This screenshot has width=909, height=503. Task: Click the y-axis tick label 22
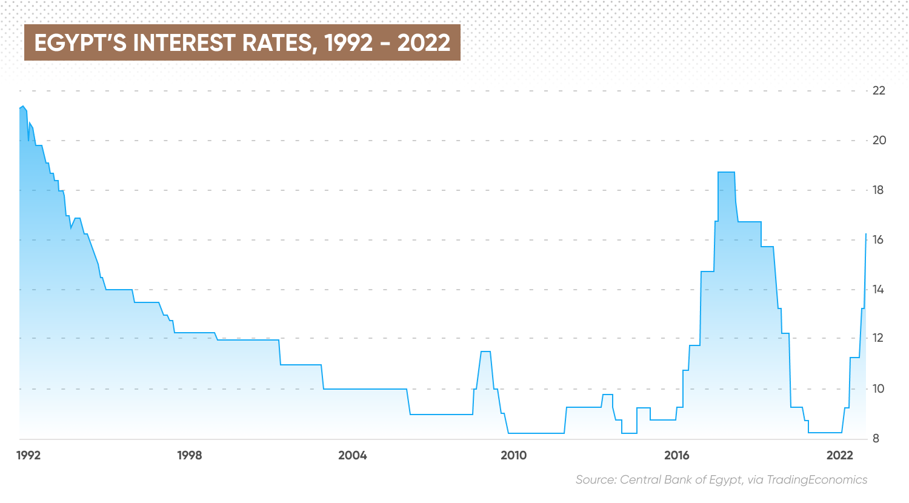(x=878, y=91)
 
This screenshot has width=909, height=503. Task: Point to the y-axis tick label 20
(x=878, y=141)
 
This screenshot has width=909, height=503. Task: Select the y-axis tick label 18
(x=878, y=190)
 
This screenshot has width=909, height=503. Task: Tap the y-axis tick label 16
(x=878, y=240)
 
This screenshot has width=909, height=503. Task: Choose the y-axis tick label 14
(x=878, y=290)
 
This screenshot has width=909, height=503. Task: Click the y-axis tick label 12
(x=878, y=338)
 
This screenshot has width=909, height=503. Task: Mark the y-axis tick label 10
(x=878, y=388)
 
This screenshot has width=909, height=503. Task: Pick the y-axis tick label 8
(x=876, y=439)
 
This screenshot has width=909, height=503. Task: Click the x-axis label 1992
(x=28, y=456)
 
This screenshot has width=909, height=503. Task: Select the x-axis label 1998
(x=190, y=456)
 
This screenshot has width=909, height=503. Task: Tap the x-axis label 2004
(x=353, y=456)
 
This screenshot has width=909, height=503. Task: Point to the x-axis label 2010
(x=514, y=456)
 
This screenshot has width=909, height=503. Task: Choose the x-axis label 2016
(x=676, y=456)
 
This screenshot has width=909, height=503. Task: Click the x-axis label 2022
(x=840, y=456)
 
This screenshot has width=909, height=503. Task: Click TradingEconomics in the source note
(x=817, y=480)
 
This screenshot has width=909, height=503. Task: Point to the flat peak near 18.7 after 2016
(x=726, y=173)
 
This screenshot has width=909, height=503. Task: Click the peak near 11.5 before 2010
(x=485, y=351)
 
